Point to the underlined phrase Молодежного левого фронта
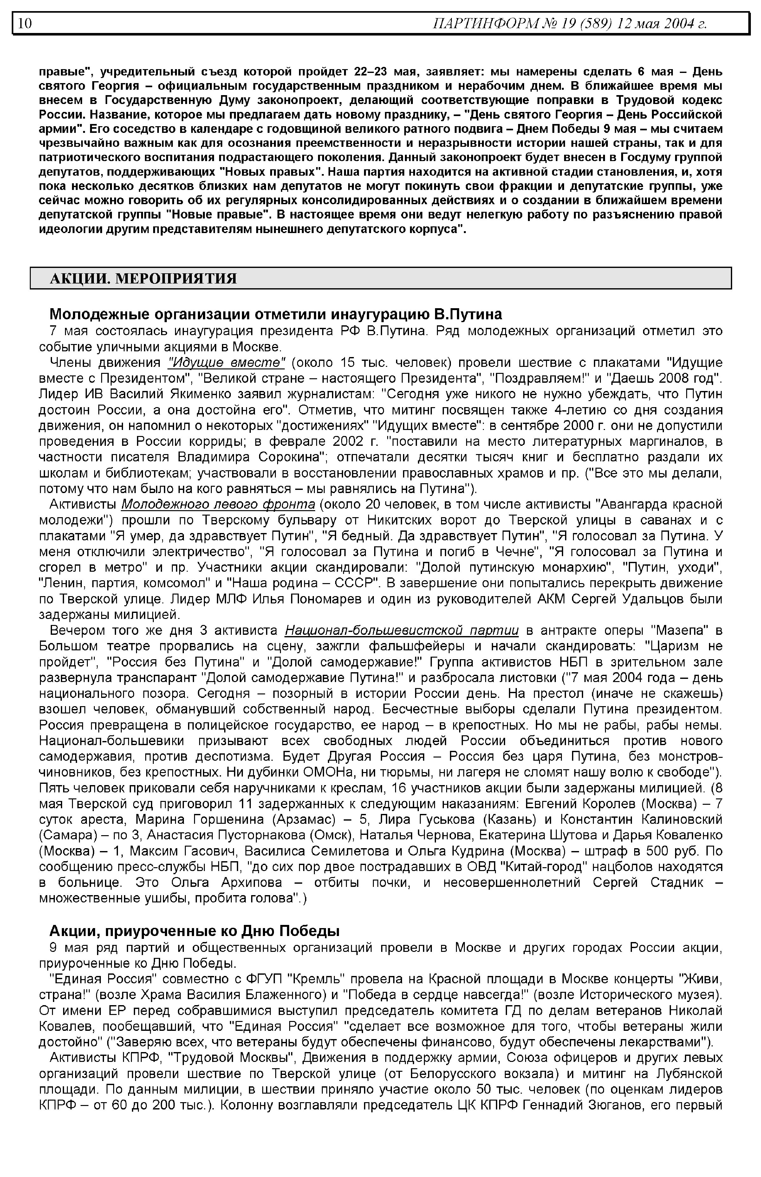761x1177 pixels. tap(218, 504)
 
